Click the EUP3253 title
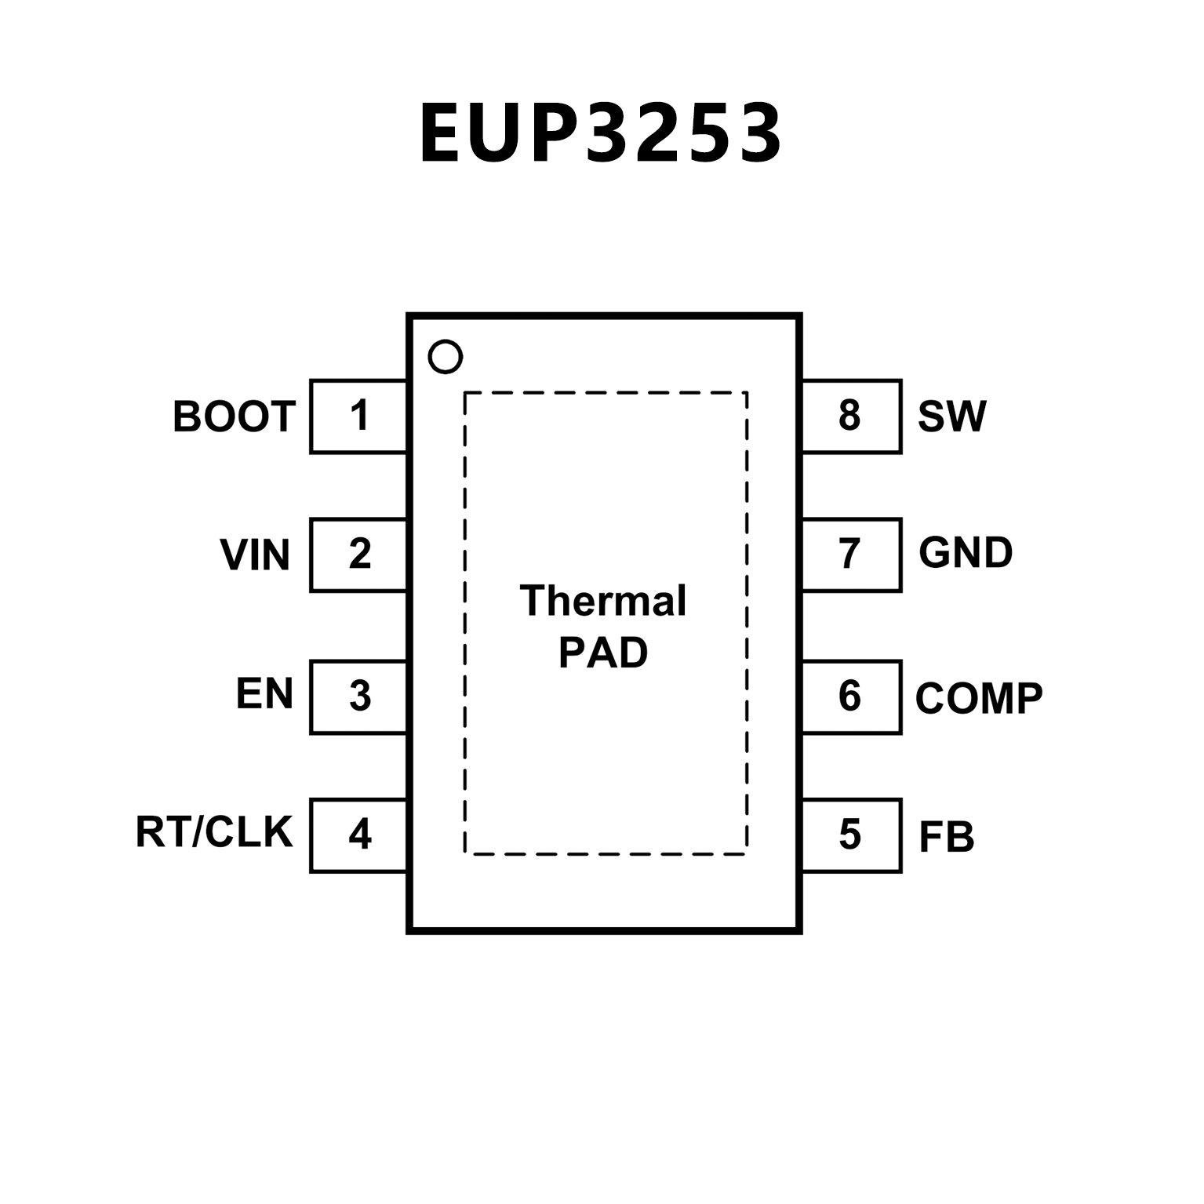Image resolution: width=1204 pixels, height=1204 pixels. pyautogui.click(x=601, y=133)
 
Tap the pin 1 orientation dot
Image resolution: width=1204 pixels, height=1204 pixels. pyautogui.click(x=446, y=357)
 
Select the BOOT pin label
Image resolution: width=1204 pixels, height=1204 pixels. pyautogui.click(x=234, y=416)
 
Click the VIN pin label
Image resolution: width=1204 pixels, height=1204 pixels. pyautogui.click(x=255, y=555)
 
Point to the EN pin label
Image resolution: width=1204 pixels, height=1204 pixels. pyautogui.click(x=264, y=694)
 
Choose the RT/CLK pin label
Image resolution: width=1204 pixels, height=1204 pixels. pyautogui.click(x=214, y=832)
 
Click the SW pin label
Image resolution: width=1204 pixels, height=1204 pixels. pyautogui.click(x=952, y=416)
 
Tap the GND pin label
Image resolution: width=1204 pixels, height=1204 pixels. pyautogui.click(x=966, y=553)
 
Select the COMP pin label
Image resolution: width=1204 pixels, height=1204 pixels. pyautogui.click(x=979, y=697)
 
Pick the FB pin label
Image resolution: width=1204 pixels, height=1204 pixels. pyautogui.click(x=947, y=836)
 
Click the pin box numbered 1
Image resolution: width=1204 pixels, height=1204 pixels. pyautogui.click(x=359, y=416)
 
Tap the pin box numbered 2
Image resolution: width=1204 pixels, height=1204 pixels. pyautogui.click(x=359, y=555)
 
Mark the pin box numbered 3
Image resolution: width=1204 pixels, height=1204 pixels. pyautogui.click(x=359, y=697)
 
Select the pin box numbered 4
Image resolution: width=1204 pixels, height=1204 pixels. pyautogui.click(x=359, y=835)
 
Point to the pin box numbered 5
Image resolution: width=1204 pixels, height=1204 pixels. pyautogui.click(x=851, y=835)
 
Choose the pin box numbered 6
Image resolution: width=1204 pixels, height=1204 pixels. pyautogui.click(x=851, y=697)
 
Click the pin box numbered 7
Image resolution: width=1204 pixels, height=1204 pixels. pyautogui.click(x=851, y=555)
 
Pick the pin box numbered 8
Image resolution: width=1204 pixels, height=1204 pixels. pyautogui.click(x=851, y=416)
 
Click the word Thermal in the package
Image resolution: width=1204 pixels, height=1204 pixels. pyautogui.click(x=603, y=601)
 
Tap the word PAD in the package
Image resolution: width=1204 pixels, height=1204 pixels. pyautogui.click(x=603, y=653)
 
